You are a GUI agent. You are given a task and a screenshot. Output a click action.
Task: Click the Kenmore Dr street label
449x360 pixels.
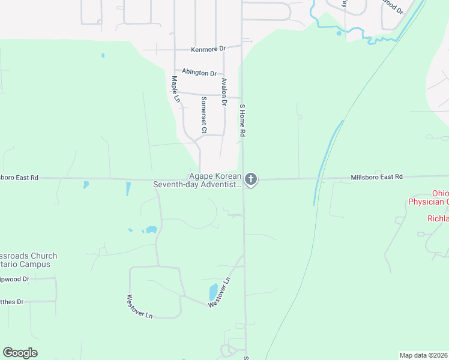pos(208,49)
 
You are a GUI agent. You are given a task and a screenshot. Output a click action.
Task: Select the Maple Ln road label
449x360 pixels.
pos(175,89)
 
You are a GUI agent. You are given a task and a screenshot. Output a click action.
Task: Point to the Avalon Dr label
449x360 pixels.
pos(224,92)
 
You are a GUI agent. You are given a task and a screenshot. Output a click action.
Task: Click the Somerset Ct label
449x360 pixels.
pos(204,115)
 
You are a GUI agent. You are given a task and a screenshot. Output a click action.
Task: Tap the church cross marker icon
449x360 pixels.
pos(251,179)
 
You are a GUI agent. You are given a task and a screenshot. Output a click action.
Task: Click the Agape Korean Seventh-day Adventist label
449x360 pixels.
pos(197,180)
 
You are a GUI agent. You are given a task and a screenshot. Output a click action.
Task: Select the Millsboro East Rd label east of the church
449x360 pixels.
pos(376,177)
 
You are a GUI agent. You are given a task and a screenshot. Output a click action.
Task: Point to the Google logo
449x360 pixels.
pos(20,353)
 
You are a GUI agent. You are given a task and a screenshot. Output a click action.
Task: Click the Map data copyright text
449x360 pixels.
pos(423,355)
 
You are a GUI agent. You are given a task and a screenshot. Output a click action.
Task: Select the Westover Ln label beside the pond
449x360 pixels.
pos(219,292)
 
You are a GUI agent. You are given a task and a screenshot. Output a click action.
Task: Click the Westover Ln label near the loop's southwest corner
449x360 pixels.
pos(140,306)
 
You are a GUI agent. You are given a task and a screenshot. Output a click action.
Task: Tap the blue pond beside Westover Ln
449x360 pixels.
pos(213,292)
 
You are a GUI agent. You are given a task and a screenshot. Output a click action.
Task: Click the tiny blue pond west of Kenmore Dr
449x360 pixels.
pos(103,56)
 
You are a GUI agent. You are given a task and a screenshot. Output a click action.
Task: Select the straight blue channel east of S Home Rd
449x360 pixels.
pos(327,162)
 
